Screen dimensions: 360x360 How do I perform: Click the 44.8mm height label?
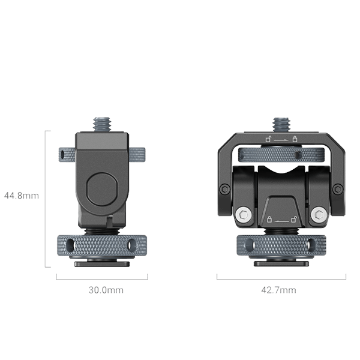coord(21,196)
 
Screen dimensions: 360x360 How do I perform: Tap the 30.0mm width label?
coord(106,290)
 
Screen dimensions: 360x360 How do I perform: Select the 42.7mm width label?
coord(278,290)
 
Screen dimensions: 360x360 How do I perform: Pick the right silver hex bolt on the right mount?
coord(319,214)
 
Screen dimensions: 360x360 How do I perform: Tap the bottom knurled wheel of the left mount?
coord(101,246)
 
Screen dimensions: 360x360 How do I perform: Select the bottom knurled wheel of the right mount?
coord(281,246)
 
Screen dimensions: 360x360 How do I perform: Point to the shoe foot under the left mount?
coord(101,263)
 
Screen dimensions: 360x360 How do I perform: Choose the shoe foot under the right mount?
coord(281,263)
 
